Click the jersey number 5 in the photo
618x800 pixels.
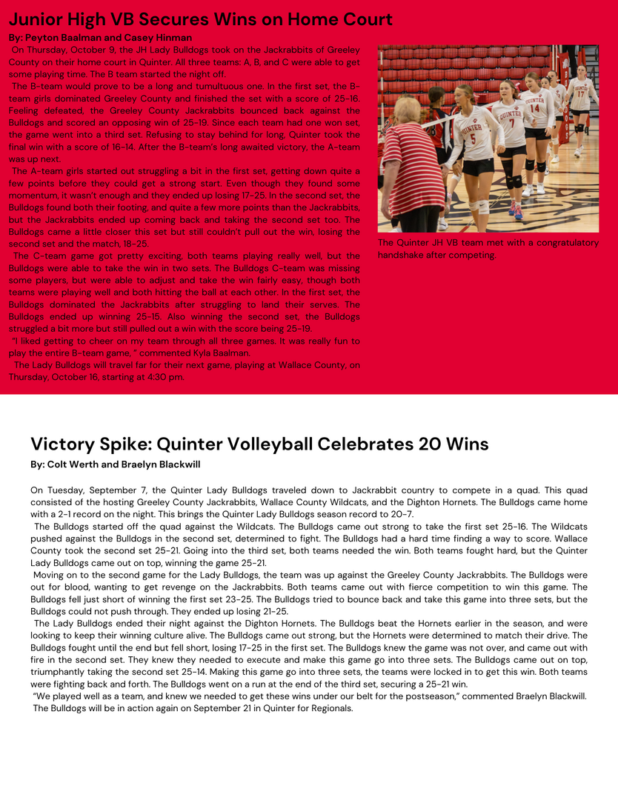point(473,139)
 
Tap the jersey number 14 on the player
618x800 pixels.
point(535,108)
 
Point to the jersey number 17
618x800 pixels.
point(582,95)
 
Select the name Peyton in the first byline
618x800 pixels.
point(42,38)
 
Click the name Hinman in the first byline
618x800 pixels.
point(173,38)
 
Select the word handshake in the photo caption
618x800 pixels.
point(403,255)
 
